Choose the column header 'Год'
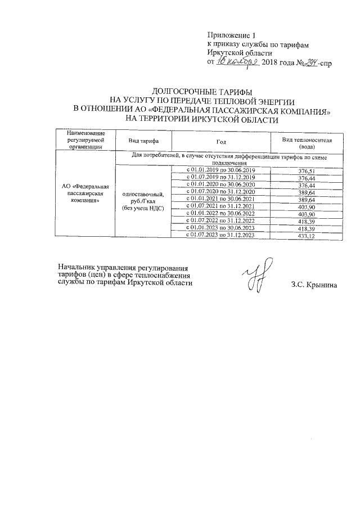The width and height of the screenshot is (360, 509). coord(220,141)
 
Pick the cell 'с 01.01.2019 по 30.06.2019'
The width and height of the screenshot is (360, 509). coord(220,170)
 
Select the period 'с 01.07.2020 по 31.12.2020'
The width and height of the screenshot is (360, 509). coord(220,192)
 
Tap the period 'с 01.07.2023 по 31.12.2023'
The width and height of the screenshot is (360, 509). coord(220,236)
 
